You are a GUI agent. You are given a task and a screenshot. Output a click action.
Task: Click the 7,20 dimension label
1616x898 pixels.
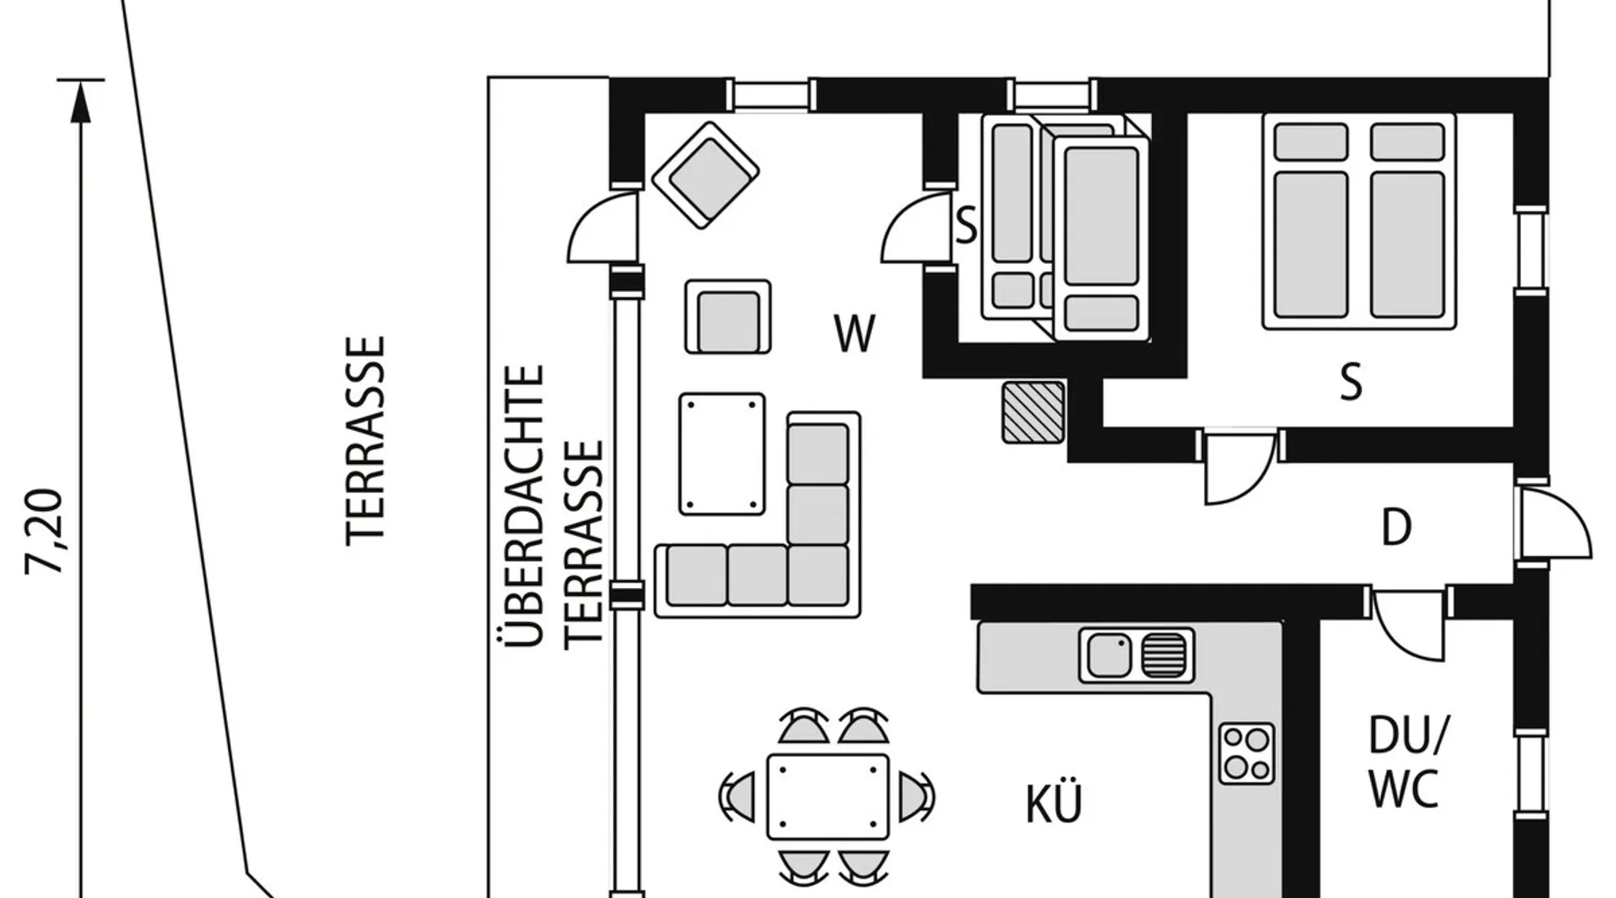pos(45,532)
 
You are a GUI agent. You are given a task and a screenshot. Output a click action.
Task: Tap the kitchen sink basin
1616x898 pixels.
pos(1110,655)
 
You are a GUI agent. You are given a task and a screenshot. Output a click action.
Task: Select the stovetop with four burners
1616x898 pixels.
pos(1247,753)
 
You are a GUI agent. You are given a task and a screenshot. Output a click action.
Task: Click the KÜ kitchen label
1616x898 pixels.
pos(1054,804)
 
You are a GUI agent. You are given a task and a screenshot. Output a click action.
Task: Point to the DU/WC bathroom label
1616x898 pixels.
pos(1407,762)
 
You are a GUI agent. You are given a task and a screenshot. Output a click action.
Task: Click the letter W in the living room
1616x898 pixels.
pos(854,334)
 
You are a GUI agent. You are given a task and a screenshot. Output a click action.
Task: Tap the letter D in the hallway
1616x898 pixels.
pos(1396,528)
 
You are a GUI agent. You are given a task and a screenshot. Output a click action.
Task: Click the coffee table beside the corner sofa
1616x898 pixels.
pos(723,453)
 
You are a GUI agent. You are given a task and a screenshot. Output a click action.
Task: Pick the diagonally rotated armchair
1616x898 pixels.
pos(706,175)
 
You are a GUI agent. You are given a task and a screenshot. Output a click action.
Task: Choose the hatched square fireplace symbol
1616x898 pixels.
pos(1033,412)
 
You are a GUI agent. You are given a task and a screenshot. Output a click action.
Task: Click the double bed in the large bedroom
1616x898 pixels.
pos(1358,221)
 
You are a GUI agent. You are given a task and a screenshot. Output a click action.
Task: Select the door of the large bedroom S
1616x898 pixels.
pos(1240,467)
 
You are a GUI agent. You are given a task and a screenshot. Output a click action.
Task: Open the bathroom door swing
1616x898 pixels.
pos(1409,623)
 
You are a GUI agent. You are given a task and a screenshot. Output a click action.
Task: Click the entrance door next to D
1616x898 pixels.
pos(1553,524)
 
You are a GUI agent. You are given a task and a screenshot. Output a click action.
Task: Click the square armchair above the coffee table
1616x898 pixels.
pos(728,317)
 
